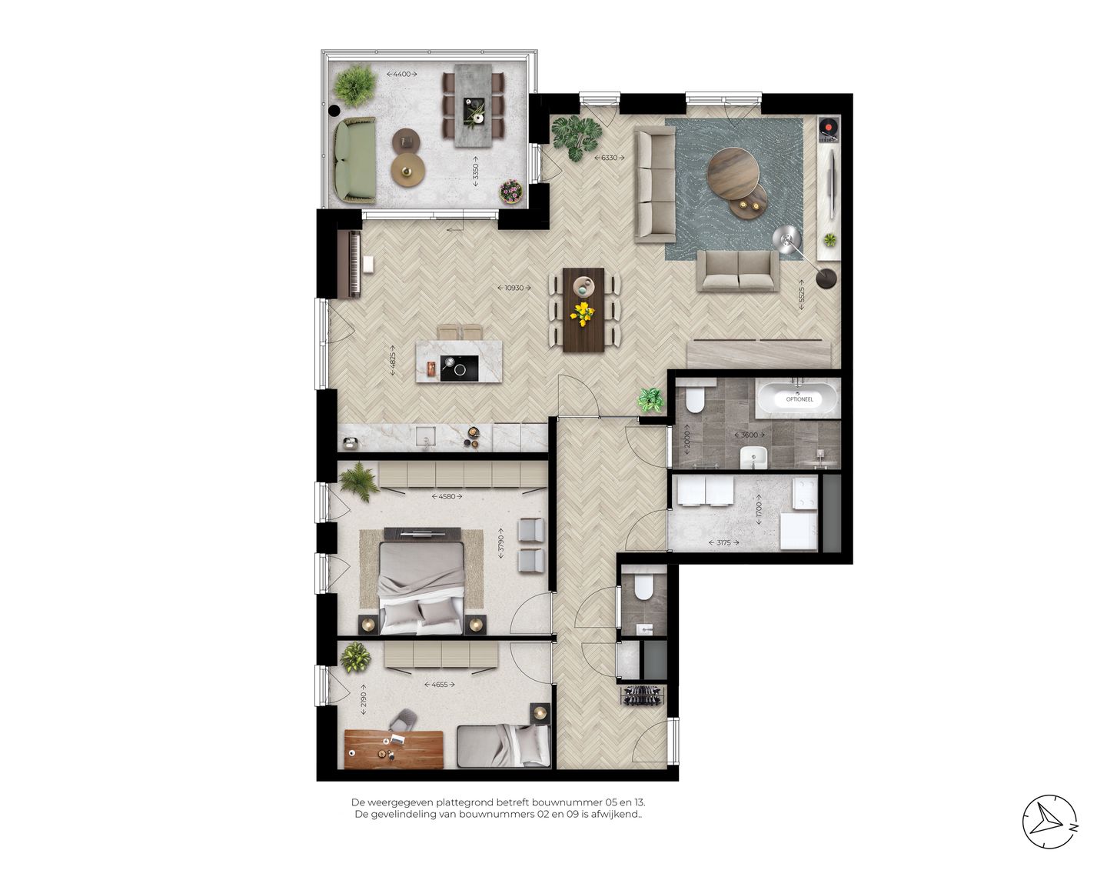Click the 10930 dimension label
[514, 288]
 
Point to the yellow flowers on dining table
[583, 312]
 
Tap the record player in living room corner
[827, 128]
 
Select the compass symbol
[1049, 822]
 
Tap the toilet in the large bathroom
[696, 401]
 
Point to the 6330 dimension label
[608, 158]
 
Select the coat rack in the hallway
[641, 695]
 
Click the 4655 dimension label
[439, 684]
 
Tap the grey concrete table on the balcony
[470, 105]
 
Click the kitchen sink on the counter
[425, 438]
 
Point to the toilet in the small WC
[643, 589]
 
